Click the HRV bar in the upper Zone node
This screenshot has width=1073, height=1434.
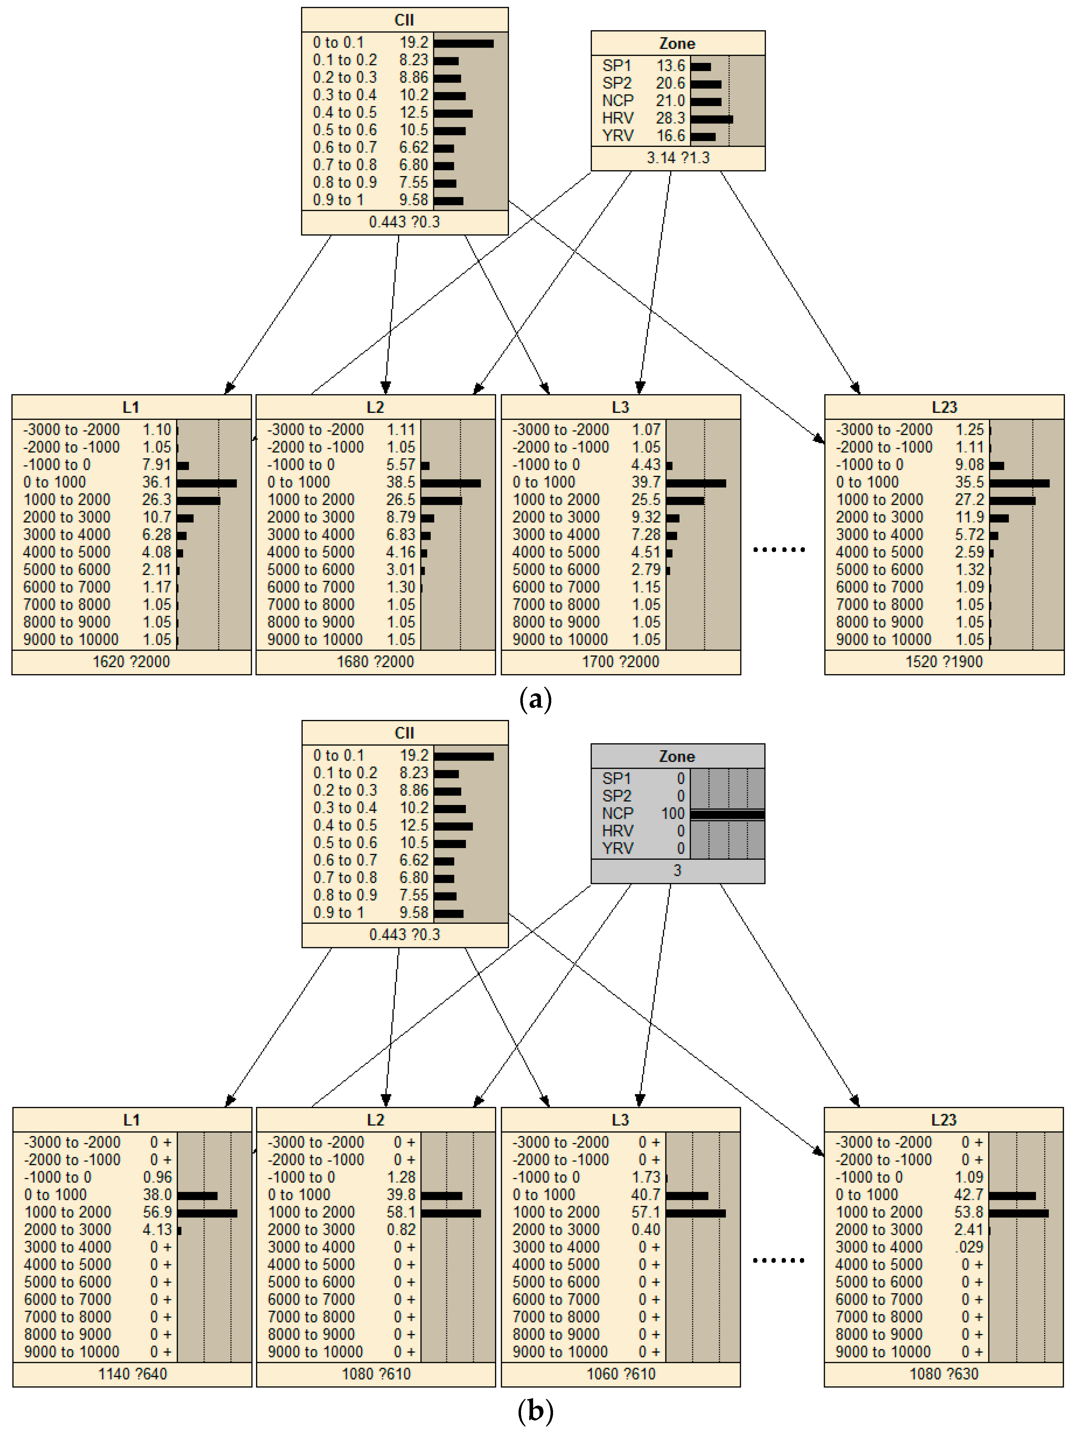[711, 119]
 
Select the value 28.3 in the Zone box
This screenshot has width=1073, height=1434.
[670, 118]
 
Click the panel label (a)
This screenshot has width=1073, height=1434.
[536, 700]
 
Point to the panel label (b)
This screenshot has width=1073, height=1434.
[536, 1411]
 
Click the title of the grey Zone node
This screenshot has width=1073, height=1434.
[677, 757]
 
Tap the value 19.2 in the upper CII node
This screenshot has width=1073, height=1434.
[414, 43]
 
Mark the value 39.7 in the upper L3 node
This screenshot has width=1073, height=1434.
[646, 482]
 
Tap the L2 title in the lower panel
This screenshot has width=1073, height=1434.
[375, 1120]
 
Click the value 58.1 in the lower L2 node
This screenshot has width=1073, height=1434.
[401, 1212]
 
